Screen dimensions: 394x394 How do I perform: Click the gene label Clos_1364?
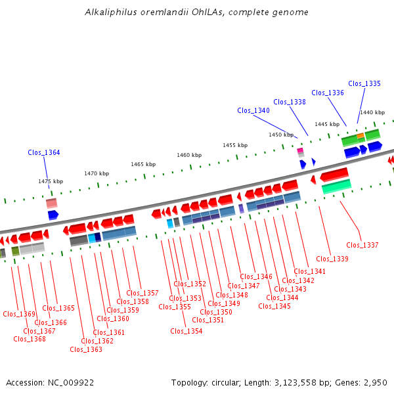[x=44, y=152]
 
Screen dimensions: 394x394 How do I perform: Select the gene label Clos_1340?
[x=253, y=111]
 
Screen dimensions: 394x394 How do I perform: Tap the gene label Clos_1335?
[x=364, y=83]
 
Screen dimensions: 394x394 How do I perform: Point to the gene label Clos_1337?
[x=362, y=245]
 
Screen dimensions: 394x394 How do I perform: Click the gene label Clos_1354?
[x=186, y=331]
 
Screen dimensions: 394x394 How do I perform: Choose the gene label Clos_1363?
[x=86, y=349]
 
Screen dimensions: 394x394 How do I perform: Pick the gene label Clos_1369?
[x=19, y=314]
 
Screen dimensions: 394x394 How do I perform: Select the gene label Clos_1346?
[x=256, y=276]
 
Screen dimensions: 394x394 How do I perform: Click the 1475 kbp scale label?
[x=51, y=181]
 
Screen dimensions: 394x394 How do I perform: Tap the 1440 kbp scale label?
[x=372, y=112]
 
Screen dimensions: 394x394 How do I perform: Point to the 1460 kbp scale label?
[x=189, y=155]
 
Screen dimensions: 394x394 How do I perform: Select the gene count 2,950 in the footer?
[x=374, y=382]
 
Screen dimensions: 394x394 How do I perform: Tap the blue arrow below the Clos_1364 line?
[x=53, y=215]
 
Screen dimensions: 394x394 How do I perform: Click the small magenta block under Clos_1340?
[x=300, y=150]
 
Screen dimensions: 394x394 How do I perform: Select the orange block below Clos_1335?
[x=361, y=136]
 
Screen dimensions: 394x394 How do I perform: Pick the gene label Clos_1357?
[x=142, y=293]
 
